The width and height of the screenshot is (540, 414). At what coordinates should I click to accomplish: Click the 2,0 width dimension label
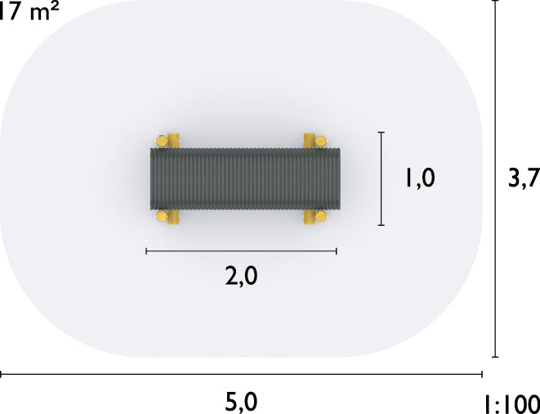242,277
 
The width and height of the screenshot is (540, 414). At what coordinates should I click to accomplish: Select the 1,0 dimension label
420,178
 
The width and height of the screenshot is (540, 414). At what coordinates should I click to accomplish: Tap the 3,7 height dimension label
524,178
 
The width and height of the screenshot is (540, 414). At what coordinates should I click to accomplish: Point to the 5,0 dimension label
242,403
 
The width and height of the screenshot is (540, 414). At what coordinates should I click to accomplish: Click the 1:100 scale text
512,404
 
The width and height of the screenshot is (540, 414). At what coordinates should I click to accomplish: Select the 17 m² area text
29,11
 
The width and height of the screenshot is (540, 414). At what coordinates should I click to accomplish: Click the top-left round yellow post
162,141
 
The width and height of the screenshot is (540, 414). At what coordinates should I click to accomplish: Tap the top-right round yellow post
321,141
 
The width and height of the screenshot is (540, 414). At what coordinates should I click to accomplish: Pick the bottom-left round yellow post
162,216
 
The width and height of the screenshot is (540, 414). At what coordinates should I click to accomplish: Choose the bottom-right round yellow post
321,216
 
